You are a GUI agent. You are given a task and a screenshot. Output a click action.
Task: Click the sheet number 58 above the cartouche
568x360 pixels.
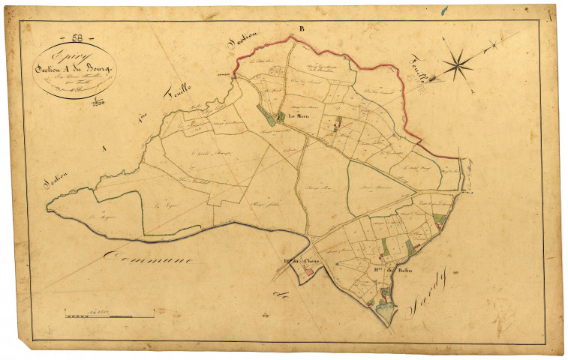pos(77,37)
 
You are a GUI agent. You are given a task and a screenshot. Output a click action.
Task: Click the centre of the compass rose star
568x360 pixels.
pos(456,64)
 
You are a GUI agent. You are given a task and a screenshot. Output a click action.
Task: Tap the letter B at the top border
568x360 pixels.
pos(301,28)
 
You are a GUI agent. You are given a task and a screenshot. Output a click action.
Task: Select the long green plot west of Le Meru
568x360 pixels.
pos(266,115)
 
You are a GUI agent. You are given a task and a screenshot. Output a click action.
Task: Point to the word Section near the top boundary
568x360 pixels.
pos(241,43)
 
